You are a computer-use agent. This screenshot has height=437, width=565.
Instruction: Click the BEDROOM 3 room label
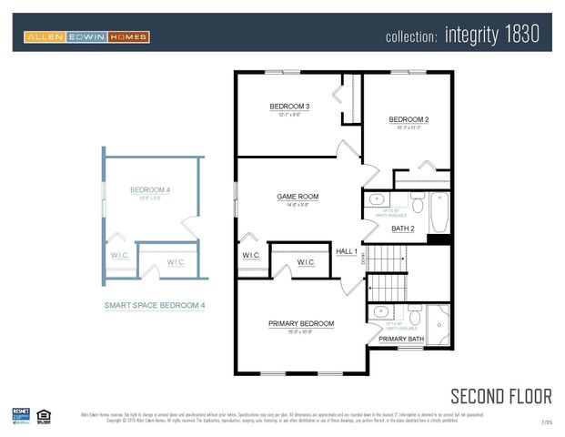tap(289, 107)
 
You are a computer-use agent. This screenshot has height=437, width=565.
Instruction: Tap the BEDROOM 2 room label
tap(409, 119)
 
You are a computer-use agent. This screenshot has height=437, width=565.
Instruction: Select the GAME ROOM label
tap(298, 197)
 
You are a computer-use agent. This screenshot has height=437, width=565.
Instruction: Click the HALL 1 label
tap(347, 251)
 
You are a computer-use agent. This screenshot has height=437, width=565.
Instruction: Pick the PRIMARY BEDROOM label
tap(301, 323)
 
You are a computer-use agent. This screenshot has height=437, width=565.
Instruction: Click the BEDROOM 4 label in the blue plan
tap(150, 190)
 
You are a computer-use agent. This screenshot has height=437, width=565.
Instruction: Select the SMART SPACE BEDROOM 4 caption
tap(154, 306)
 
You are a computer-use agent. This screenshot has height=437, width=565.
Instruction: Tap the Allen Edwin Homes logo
tap(86, 36)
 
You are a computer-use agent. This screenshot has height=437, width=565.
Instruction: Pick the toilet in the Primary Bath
tap(413, 316)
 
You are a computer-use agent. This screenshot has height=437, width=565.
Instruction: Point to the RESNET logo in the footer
tap(21, 414)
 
